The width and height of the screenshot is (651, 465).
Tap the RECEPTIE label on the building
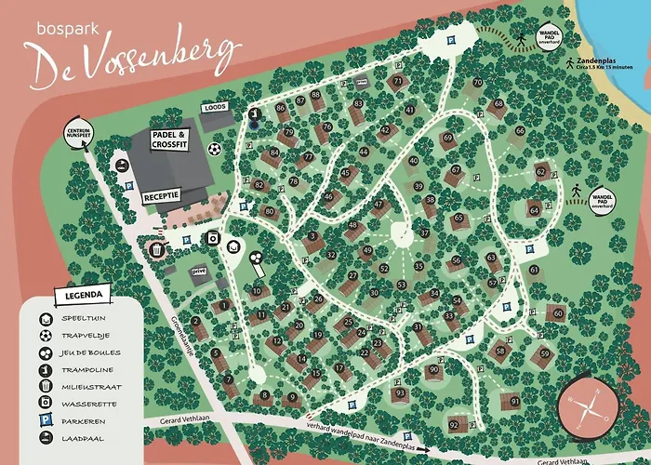160,198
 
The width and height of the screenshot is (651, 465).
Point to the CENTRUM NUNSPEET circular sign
78,134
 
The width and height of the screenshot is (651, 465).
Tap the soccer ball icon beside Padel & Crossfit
214,149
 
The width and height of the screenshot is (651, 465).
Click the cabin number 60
558,312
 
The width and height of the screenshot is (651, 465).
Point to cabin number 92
454,425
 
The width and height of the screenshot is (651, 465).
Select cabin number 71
397,82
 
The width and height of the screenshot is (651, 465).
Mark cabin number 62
540,171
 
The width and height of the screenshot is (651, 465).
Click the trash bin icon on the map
157,249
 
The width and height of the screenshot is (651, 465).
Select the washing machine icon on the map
214,238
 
